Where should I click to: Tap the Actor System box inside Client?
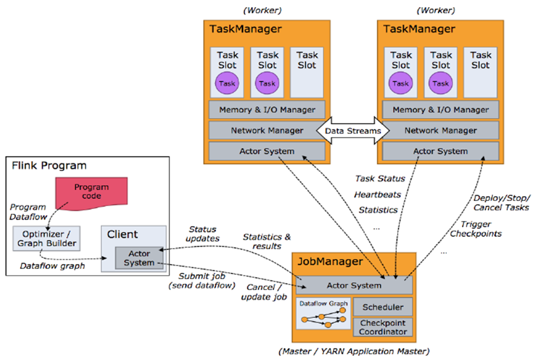coord(139,258)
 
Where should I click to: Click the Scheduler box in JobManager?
coord(383,307)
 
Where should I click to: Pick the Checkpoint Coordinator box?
coord(383,327)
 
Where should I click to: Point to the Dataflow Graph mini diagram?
coord(324,314)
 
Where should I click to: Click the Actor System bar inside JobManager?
coord(354,285)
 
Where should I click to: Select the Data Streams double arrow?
coord(353,131)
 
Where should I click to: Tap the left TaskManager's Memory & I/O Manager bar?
coord(267,110)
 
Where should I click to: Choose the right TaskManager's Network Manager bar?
coord(440,131)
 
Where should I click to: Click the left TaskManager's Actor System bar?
coord(267,151)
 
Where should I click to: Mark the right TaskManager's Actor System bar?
coord(440,151)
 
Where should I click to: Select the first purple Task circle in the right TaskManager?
coord(400,83)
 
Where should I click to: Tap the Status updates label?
coord(203,233)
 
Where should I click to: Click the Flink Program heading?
coord(49,165)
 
